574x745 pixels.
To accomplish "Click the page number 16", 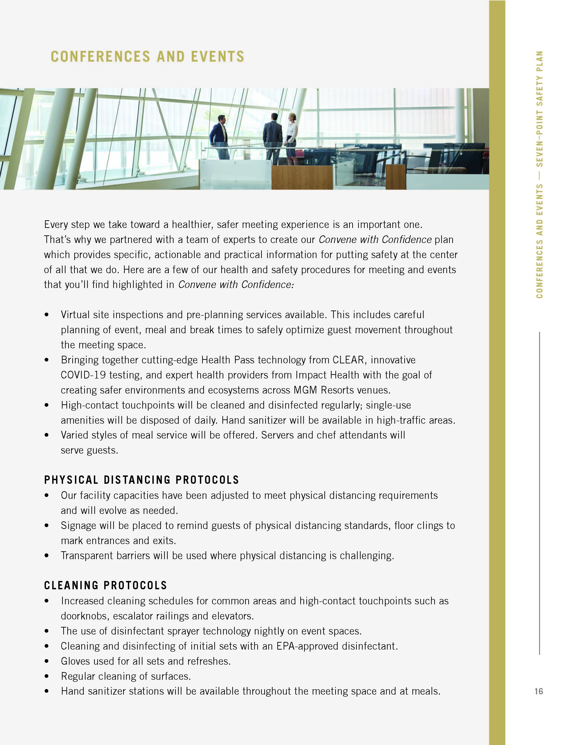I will click(538, 691).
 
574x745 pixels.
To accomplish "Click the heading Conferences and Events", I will click(147, 57).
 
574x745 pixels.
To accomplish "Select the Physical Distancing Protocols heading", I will click(141, 480).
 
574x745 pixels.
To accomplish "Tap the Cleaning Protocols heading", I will click(105, 585).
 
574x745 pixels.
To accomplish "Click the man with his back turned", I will click(273, 138).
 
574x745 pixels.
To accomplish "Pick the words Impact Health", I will click(327, 375).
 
